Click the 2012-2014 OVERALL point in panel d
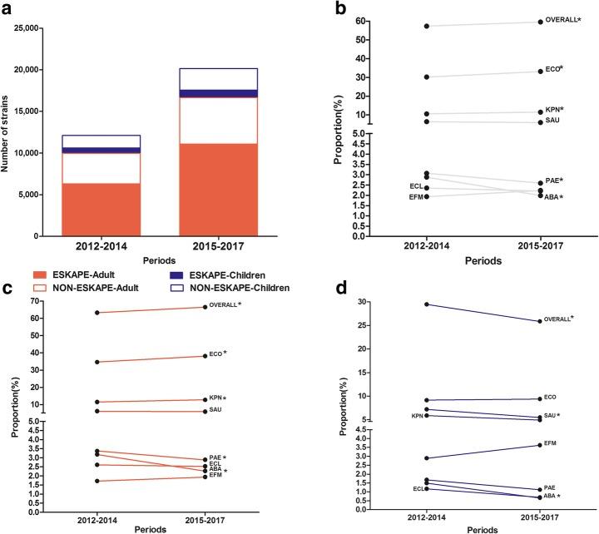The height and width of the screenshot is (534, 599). click(426, 304)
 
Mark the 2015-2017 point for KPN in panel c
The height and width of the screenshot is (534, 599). click(207, 400)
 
